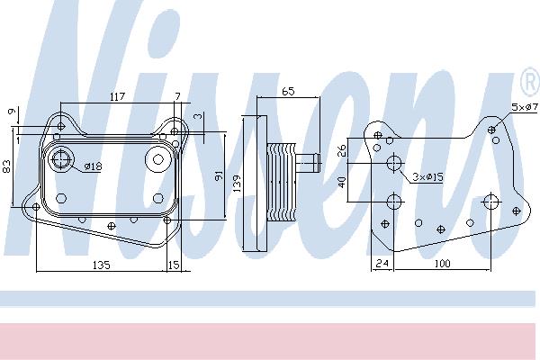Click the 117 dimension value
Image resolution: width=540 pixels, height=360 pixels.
pyautogui.click(x=117, y=97)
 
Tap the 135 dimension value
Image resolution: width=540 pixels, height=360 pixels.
pyautogui.click(x=102, y=265)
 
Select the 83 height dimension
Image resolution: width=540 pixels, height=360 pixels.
pyautogui.click(x=7, y=166)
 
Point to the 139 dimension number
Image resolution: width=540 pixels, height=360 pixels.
pyautogui.click(x=237, y=184)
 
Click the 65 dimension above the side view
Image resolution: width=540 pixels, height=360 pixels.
pyautogui.click(x=288, y=91)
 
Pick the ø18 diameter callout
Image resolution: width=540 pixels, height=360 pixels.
pyautogui.click(x=93, y=166)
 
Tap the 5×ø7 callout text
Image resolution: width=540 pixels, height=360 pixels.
pyautogui.click(x=525, y=107)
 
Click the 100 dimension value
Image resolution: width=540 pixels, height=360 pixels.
pyautogui.click(x=442, y=264)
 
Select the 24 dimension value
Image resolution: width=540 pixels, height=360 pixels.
pyautogui.click(x=382, y=264)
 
